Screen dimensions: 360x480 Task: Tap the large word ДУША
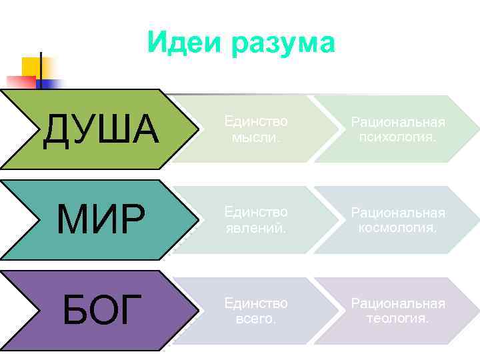(x=101, y=129)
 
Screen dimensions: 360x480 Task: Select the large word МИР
(x=101, y=219)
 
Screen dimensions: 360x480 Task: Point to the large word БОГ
(x=102, y=310)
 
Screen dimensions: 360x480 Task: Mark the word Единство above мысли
(x=256, y=121)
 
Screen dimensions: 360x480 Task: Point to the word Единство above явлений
(x=256, y=212)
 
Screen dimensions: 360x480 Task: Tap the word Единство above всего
(x=256, y=303)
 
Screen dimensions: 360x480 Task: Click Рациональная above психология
(x=398, y=122)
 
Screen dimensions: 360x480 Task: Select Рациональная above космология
(x=398, y=213)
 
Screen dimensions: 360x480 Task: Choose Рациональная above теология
(x=398, y=303)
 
